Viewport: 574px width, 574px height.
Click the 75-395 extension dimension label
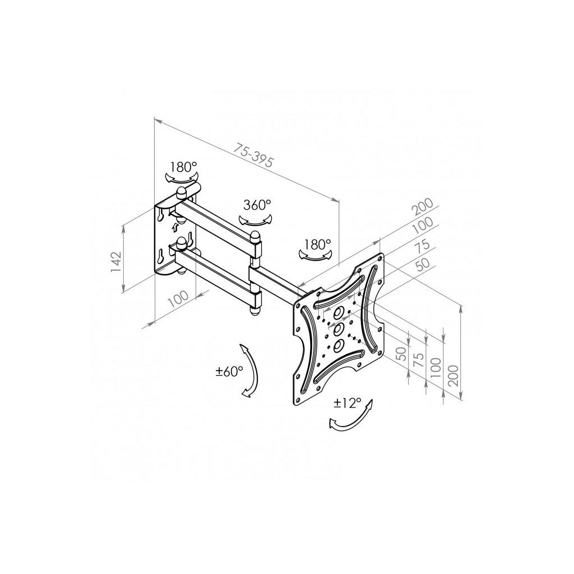pos(253,155)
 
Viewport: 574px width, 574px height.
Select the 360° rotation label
pos(257,205)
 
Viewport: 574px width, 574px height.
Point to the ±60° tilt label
pos(229,372)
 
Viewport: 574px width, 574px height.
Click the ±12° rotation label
pos(348,404)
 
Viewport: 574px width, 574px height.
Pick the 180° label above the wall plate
pos(183,167)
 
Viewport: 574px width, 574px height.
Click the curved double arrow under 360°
pos(256,219)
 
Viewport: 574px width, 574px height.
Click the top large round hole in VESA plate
pos(338,313)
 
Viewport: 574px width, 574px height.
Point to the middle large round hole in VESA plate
pos(338,328)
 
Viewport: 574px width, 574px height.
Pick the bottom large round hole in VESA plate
pos(338,345)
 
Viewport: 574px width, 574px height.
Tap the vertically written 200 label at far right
pos(453,375)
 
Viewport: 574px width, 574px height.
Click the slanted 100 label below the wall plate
pos(178,299)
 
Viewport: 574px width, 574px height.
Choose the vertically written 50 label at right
pos(401,354)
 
